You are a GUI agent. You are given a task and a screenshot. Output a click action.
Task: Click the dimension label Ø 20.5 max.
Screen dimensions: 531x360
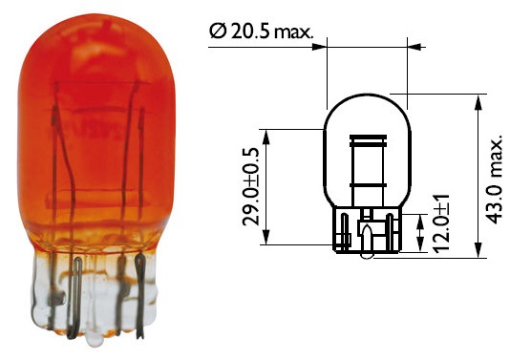coord(261,32)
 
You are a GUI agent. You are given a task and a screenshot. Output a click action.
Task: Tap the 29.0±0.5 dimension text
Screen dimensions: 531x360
coord(251,186)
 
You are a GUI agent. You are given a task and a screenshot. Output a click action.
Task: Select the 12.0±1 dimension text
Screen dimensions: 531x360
coord(441,223)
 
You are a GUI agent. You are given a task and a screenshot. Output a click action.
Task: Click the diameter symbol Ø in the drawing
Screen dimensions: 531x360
coord(218,32)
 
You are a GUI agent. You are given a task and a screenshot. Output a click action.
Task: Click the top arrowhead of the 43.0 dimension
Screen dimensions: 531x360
coord(478,102)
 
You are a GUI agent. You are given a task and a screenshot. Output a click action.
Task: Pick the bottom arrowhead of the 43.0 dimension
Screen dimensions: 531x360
coord(478,250)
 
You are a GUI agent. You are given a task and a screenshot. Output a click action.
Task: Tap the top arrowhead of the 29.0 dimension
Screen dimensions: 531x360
coord(266,137)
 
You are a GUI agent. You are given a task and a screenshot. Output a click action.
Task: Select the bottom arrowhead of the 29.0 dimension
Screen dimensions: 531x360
coord(266,237)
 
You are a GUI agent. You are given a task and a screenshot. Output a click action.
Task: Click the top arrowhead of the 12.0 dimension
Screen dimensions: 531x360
coord(420,222)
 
